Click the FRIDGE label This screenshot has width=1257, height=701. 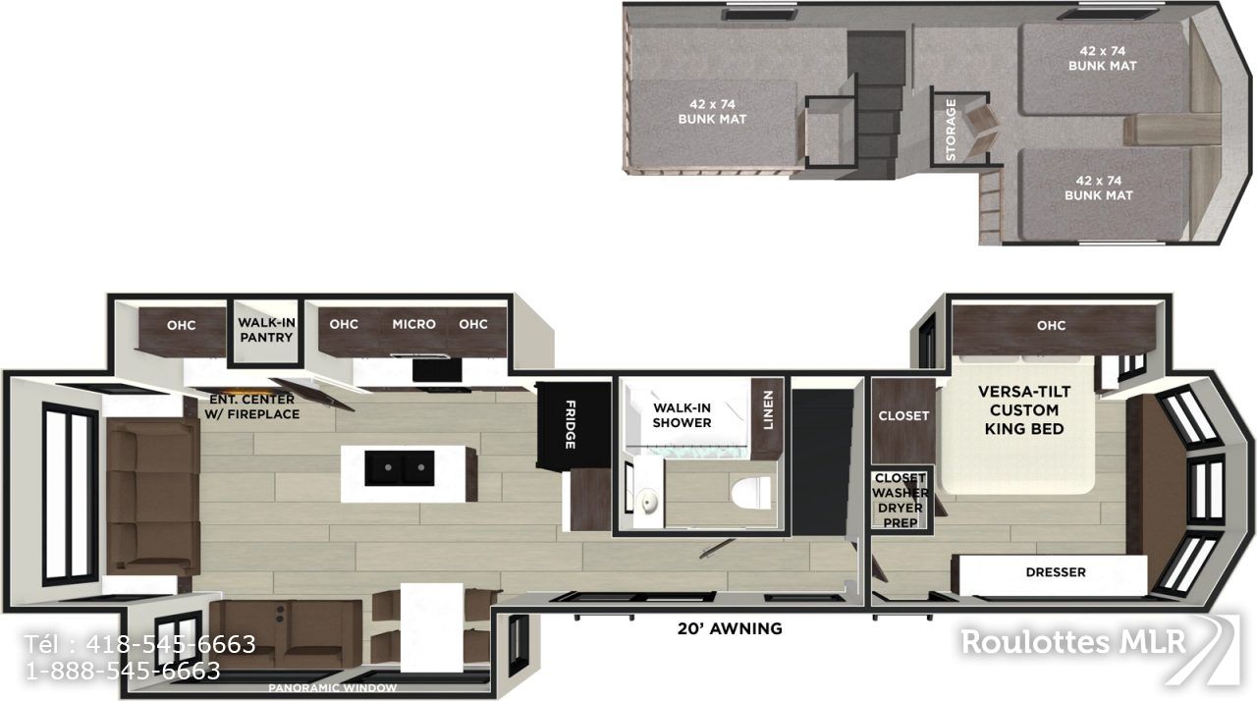[571, 424]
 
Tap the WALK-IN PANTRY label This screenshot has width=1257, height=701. [266, 330]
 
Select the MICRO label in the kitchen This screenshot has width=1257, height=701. [414, 324]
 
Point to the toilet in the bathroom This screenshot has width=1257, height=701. [751, 494]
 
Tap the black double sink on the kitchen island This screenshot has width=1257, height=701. [400, 468]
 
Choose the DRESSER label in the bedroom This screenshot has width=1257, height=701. [1056, 572]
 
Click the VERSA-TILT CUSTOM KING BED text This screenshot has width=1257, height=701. [1024, 410]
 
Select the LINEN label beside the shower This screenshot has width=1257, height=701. [768, 410]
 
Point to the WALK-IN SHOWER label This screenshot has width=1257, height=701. [682, 415]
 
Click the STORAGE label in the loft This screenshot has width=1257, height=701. [951, 130]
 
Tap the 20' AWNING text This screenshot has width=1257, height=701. [730, 628]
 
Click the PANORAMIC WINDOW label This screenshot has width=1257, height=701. [332, 688]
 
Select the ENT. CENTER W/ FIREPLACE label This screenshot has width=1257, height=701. [252, 406]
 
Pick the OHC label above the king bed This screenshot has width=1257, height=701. [1051, 325]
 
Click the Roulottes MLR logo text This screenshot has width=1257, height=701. [1073, 642]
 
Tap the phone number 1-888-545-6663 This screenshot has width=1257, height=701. [124, 672]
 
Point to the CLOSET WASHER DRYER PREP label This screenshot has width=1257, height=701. [901, 501]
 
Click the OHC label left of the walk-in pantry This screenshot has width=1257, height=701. [182, 325]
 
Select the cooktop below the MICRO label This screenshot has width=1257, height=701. [437, 369]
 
